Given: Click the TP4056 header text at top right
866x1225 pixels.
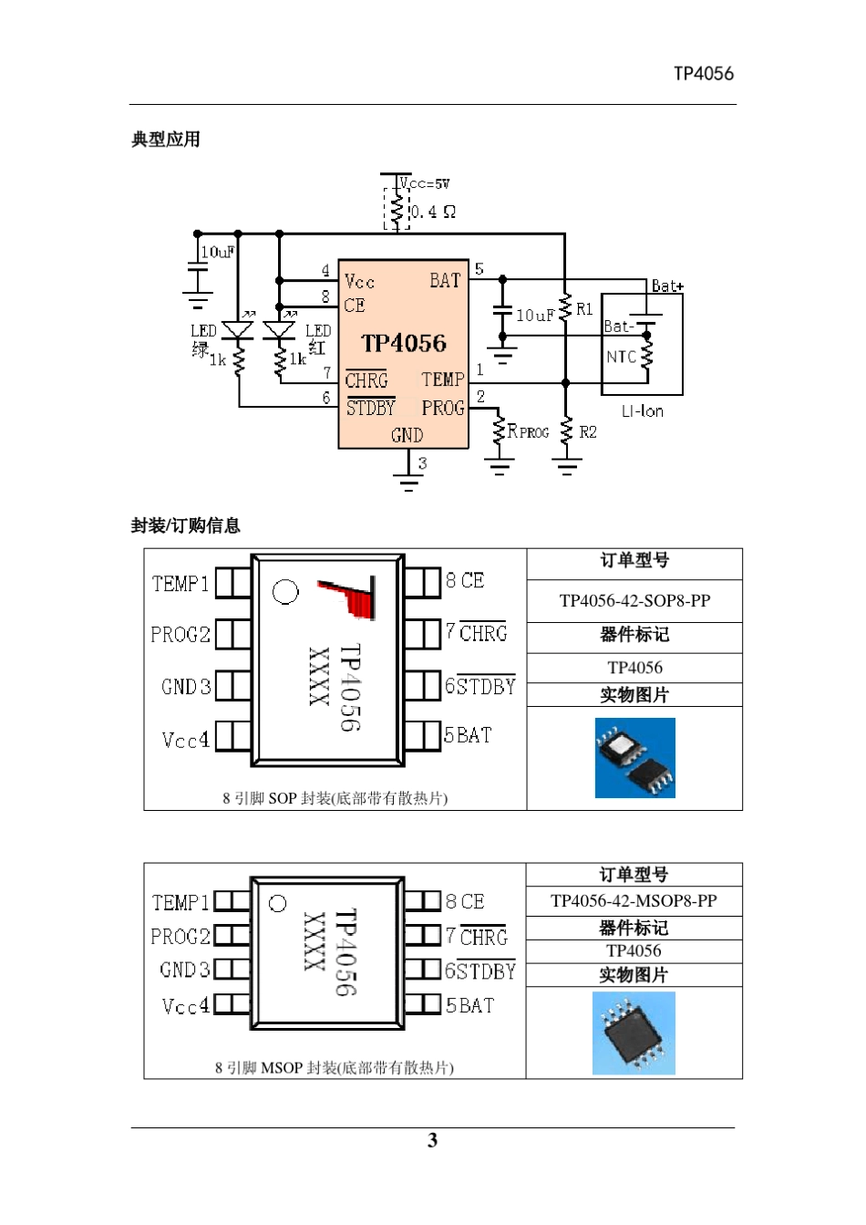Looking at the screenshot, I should tap(703, 74).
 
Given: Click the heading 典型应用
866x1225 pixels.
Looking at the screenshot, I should tap(166, 140).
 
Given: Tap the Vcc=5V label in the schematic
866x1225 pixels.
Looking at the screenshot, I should tap(425, 184).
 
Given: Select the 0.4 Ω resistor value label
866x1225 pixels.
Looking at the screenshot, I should tap(433, 212).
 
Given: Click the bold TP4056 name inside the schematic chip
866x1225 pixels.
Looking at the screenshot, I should tap(404, 344).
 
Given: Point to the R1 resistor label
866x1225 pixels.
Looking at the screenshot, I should tap(584, 309).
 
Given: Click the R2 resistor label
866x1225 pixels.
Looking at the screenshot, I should tap(588, 431).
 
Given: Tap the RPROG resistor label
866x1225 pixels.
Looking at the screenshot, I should tap(528, 431).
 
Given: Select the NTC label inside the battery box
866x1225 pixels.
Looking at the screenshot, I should tap(621, 357).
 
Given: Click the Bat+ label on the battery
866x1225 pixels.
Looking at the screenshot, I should tap(667, 286).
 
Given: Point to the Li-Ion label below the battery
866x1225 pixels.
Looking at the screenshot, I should tap(642, 411).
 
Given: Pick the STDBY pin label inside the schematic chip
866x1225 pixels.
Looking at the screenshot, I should tap(370, 408).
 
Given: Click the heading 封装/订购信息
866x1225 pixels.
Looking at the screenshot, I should tap(186, 525).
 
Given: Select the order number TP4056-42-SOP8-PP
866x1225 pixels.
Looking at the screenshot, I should tap(634, 601).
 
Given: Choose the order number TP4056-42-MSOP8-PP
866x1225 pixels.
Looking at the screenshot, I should tap(634, 901).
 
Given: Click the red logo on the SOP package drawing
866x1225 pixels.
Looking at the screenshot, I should tap(351, 597).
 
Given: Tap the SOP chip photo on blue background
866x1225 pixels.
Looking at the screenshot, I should tap(634, 758).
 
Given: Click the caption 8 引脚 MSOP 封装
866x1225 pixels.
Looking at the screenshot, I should tap(334, 1067).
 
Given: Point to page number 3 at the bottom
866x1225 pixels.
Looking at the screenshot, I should tap(432, 1140).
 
